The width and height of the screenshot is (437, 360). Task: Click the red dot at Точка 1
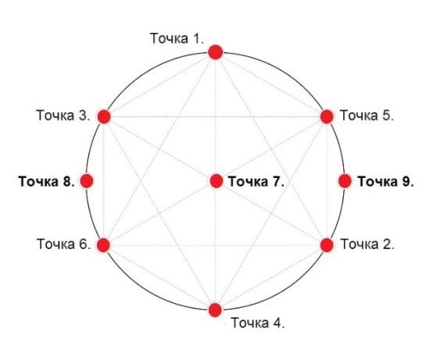(216, 52)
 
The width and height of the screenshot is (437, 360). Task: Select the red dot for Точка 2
(327, 245)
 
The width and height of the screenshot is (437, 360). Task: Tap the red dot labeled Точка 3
(104, 116)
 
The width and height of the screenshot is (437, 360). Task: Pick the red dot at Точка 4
(215, 310)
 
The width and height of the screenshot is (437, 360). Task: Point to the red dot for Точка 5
(327, 116)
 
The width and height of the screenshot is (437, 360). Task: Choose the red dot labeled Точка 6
(103, 245)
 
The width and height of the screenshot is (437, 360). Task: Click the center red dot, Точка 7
(216, 181)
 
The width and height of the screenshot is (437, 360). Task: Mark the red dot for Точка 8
(87, 181)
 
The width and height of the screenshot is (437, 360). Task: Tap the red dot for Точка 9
(345, 181)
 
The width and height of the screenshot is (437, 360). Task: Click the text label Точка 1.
(177, 38)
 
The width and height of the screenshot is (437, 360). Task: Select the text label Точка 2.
(367, 244)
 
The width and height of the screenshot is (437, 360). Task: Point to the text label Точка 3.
(63, 116)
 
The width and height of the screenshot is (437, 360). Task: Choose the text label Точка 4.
(258, 323)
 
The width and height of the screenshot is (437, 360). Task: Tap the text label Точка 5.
(367, 116)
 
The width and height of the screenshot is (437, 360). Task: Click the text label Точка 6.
(64, 244)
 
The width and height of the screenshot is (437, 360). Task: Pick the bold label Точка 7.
(256, 181)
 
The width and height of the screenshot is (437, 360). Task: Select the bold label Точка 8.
(47, 181)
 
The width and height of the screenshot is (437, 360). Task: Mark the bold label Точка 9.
(386, 181)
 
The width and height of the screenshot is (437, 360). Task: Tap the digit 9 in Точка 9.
(406, 181)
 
